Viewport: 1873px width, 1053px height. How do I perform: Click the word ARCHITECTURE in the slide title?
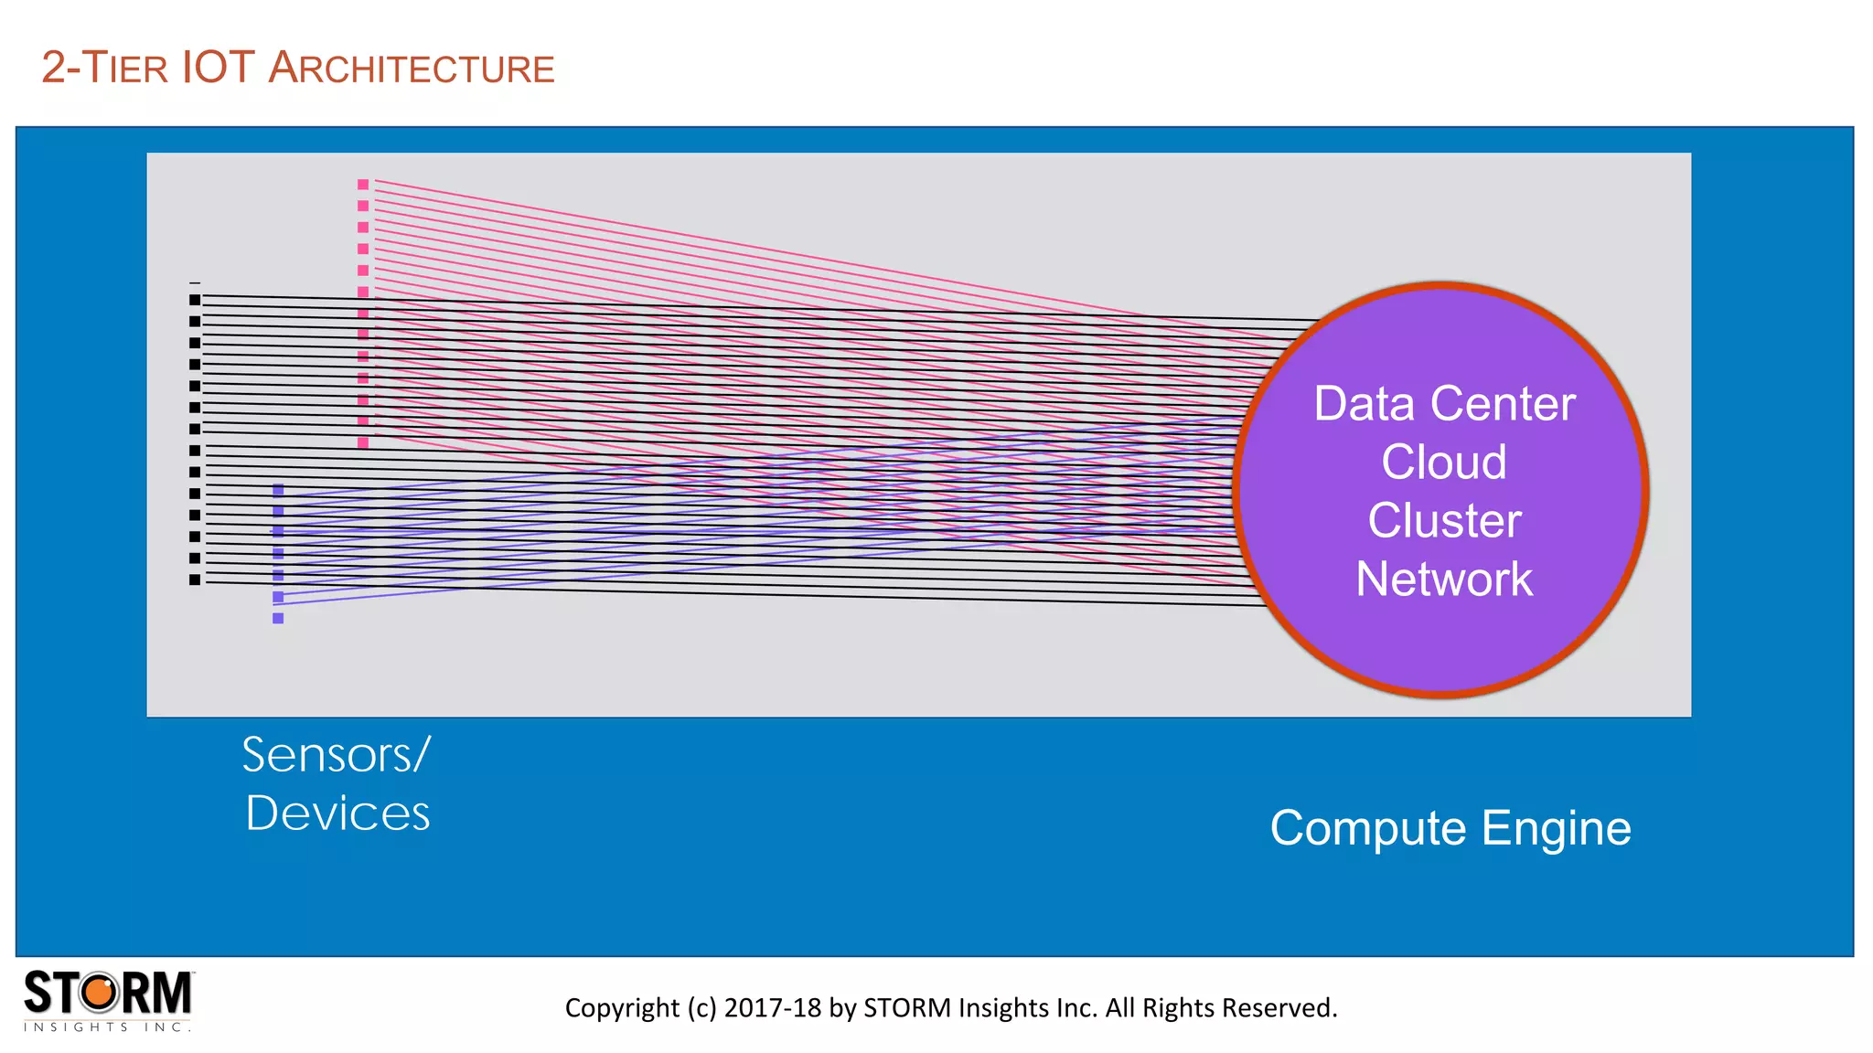point(412,69)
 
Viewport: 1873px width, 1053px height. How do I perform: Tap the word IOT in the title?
point(218,68)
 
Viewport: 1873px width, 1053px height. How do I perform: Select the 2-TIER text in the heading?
point(104,69)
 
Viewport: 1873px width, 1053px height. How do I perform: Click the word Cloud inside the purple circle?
point(1443,462)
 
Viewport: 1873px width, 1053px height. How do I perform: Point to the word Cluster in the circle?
point(1443,520)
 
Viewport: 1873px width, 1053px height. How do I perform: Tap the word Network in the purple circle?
point(1443,579)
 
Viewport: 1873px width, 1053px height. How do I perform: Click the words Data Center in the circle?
point(1443,403)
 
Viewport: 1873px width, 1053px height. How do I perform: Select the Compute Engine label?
point(1450,828)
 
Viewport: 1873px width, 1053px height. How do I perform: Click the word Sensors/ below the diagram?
point(336,755)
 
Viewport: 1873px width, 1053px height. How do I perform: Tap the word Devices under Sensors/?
point(337,813)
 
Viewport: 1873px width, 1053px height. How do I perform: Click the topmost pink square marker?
point(363,185)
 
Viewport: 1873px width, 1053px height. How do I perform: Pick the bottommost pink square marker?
point(363,442)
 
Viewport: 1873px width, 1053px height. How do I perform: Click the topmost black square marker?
point(195,300)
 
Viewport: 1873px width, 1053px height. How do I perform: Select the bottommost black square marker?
point(195,580)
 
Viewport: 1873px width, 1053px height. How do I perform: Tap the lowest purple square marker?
point(278,618)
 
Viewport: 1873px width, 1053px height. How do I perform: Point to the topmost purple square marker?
point(278,490)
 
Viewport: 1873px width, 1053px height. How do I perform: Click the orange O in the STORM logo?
point(101,993)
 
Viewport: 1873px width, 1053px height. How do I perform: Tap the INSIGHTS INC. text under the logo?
point(107,1027)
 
